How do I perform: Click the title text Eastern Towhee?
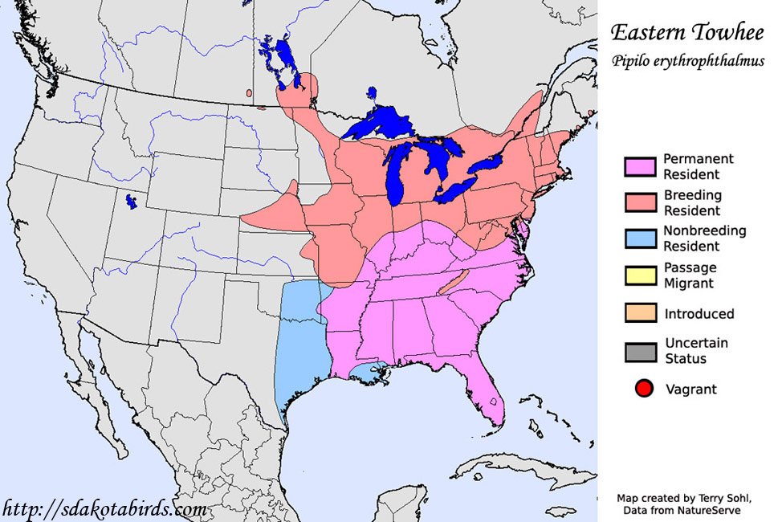pyautogui.click(x=686, y=32)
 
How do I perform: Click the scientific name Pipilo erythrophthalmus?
pyautogui.click(x=686, y=61)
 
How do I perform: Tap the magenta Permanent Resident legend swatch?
pyautogui.click(x=640, y=167)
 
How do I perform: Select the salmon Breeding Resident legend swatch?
pyautogui.click(x=640, y=203)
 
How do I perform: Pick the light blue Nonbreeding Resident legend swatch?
pyautogui.click(x=640, y=239)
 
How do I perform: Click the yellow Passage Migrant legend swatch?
pyautogui.click(x=640, y=276)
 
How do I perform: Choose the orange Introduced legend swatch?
pyautogui.click(x=640, y=313)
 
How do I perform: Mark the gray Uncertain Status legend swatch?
pyautogui.click(x=640, y=351)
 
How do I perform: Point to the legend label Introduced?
pyautogui.click(x=699, y=313)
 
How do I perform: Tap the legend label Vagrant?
pyautogui.click(x=690, y=389)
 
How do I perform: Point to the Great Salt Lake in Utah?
pyautogui.click(x=129, y=202)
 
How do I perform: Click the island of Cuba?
pyautogui.click(x=514, y=466)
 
